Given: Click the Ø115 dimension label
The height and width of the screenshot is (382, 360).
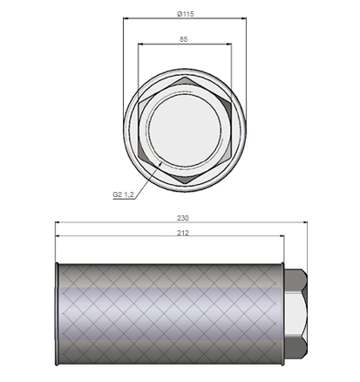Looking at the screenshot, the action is tap(185, 14).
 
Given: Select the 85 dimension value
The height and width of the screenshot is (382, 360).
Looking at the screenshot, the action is tap(184, 39).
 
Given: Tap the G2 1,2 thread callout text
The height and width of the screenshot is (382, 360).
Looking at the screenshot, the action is tap(123, 194).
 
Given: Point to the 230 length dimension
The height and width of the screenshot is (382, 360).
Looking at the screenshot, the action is tap(183, 218).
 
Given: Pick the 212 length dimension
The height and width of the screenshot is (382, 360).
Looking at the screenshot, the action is tap(183, 233).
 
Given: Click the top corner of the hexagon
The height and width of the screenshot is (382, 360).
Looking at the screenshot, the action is tap(185, 77).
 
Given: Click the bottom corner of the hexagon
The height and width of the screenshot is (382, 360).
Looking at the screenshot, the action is tap(185, 184).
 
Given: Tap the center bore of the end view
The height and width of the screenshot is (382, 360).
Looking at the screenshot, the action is tap(185, 131).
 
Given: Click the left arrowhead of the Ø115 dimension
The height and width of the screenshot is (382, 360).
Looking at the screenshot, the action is tap(126, 18).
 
